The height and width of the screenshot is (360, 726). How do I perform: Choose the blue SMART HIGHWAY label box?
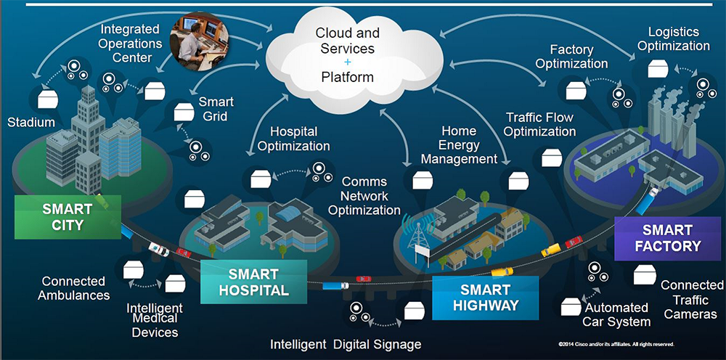tap(486, 297)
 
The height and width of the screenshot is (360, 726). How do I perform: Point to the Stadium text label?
tap(31, 122)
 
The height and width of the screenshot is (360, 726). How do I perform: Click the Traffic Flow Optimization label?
tap(540, 124)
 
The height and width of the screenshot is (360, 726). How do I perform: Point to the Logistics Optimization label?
tap(673, 38)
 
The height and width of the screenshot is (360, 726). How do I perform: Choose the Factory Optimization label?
tap(572, 57)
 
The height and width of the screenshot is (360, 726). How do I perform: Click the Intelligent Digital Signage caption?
tap(346, 343)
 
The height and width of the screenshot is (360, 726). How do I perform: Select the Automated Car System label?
tap(617, 314)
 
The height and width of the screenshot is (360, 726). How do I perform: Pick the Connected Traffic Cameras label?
tap(690, 300)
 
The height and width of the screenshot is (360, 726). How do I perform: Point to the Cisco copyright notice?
tap(616, 343)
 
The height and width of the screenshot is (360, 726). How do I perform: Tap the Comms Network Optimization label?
tap(364, 196)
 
